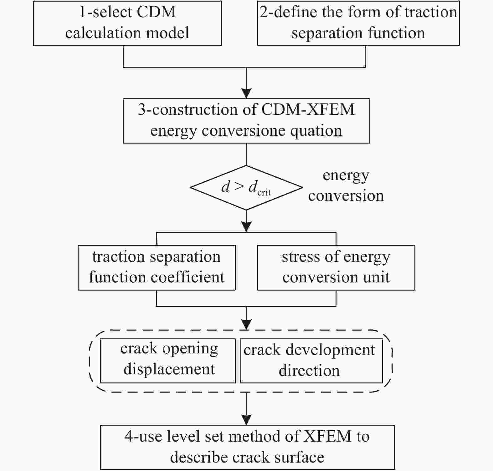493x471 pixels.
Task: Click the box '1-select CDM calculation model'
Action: pyautogui.click(x=127, y=23)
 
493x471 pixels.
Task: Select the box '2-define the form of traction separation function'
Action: pyautogui.click(x=358, y=23)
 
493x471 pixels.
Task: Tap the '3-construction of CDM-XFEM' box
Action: pyautogui.click(x=246, y=121)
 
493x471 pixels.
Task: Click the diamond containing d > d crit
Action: pyautogui.click(x=246, y=188)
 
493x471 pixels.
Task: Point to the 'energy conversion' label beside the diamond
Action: pyautogui.click(x=346, y=185)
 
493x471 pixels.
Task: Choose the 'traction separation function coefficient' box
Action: pyautogui.click(x=157, y=268)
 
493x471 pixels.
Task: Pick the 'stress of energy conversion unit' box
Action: pyautogui.click(x=336, y=268)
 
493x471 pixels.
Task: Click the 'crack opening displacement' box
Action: pyautogui.click(x=167, y=361)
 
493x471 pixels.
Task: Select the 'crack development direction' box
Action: pyautogui.click(x=311, y=361)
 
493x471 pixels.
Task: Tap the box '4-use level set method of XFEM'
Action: pyautogui.click(x=247, y=447)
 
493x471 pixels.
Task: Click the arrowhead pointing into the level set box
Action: pyautogui.click(x=247, y=420)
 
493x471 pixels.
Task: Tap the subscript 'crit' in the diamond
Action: pyautogui.click(x=264, y=192)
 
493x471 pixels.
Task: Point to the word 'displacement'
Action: pyautogui.click(x=169, y=369)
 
